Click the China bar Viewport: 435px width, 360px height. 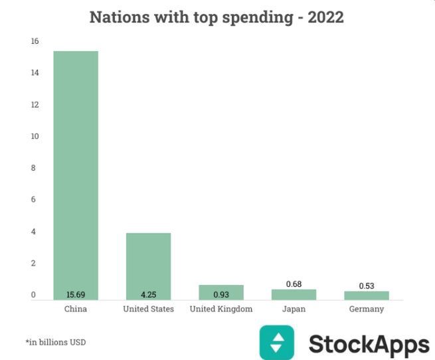(76, 173)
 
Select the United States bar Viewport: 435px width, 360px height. (148, 266)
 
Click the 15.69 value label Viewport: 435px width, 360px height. (76, 295)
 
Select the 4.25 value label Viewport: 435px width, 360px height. (148, 295)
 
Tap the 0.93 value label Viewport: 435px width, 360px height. (221, 295)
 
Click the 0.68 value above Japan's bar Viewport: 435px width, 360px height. (294, 284)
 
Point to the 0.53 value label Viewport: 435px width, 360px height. (367, 286)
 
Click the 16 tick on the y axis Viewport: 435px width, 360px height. (35, 41)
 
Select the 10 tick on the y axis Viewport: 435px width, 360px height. (35, 136)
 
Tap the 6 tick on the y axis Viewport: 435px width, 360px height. (35, 199)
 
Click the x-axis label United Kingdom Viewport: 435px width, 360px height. (221, 310)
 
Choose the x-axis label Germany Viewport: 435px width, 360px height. (367, 310)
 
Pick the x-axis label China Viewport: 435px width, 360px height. (76, 310)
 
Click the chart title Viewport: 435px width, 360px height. (217, 17)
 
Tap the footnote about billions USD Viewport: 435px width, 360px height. (56, 343)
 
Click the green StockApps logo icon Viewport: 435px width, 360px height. (276, 342)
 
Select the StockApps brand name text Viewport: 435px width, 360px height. (369, 345)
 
